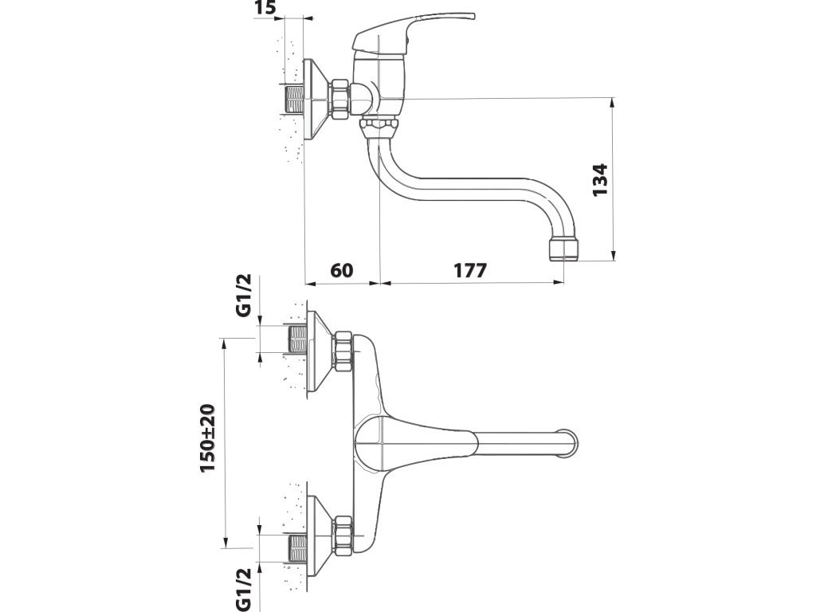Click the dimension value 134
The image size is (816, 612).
[x=600, y=179]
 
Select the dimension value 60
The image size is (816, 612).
[x=341, y=270]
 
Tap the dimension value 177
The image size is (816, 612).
[x=470, y=270]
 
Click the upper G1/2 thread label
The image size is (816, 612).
[x=245, y=296]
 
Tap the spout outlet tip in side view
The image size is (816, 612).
[x=563, y=249]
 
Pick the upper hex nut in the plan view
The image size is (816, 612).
[x=344, y=351]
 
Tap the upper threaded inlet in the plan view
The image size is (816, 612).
[x=297, y=339]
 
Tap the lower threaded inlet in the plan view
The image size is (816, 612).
[x=297, y=547]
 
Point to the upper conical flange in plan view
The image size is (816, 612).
[x=318, y=351]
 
